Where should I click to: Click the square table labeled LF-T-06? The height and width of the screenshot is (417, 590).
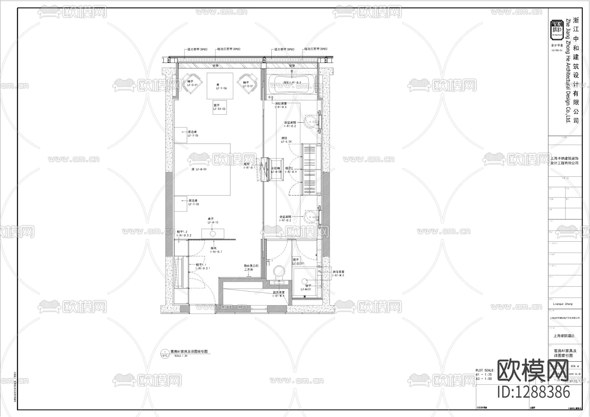point(220,86)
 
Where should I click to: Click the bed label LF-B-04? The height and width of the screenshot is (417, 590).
point(199,169)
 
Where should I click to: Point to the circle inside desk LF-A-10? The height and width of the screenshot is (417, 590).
point(213,234)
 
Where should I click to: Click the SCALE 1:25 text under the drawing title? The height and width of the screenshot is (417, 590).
point(181,356)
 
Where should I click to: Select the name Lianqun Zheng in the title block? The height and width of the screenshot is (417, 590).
point(560,304)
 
